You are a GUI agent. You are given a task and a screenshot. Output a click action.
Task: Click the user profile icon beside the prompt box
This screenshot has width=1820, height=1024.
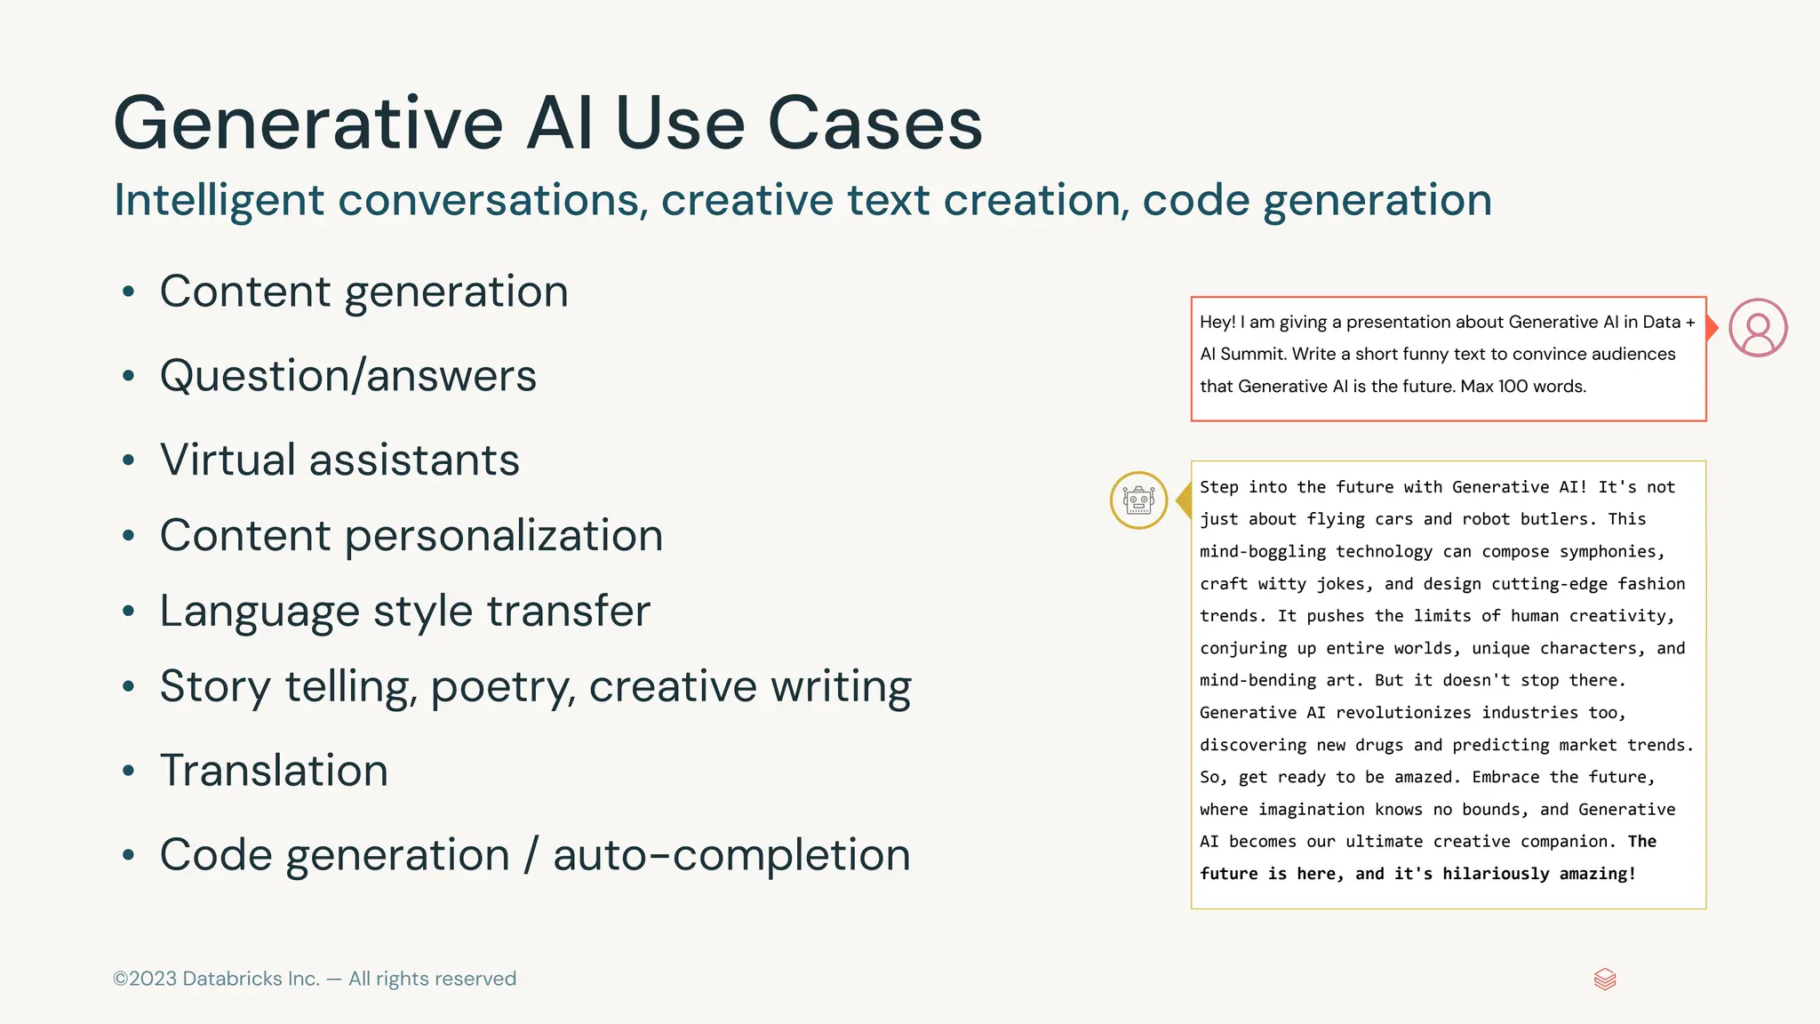pyautogui.click(x=1758, y=328)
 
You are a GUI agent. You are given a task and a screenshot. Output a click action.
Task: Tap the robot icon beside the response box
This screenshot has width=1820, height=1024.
pyautogui.click(x=1138, y=500)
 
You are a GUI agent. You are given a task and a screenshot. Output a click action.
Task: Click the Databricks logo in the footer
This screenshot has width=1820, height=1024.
pyautogui.click(x=1605, y=980)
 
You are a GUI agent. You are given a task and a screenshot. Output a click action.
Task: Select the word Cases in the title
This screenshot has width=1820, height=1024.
pyautogui.click(x=874, y=124)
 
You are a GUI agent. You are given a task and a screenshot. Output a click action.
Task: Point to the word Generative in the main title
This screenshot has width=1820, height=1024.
pyautogui.click(x=308, y=124)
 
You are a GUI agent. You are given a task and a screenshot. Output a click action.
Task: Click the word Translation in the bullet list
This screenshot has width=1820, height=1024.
pyautogui.click(x=274, y=771)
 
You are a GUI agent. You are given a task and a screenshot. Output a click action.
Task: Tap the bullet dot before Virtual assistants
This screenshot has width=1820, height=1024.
pyautogui.click(x=129, y=460)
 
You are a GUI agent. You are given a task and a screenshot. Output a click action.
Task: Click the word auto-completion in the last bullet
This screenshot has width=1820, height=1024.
pyautogui.click(x=731, y=855)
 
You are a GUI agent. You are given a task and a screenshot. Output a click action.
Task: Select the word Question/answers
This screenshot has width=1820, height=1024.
pyautogui.click(x=348, y=376)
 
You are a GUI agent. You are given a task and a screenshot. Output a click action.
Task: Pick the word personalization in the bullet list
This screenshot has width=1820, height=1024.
pyautogui.click(x=504, y=536)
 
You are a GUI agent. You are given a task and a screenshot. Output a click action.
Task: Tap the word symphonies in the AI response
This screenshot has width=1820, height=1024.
pyautogui.click(x=1612, y=552)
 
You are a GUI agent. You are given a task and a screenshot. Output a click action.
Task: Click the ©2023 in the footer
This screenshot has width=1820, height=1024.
pyautogui.click(x=145, y=979)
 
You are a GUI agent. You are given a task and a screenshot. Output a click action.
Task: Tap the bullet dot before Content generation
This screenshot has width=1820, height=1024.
pyautogui.click(x=129, y=292)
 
